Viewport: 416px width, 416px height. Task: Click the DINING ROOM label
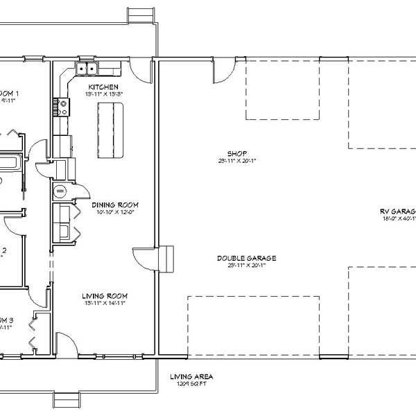point(116,205)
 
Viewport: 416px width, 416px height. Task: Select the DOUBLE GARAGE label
point(241,257)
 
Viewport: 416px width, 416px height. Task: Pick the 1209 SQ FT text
point(191,383)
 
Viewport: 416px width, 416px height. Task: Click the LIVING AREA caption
point(191,376)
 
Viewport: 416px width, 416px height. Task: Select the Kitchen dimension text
point(103,94)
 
